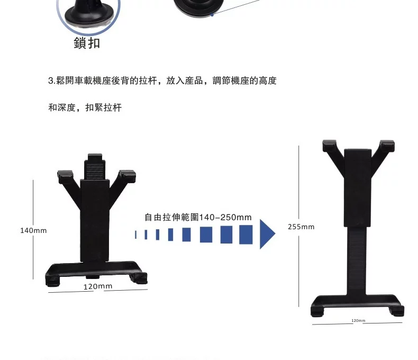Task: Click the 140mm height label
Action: pyautogui.click(x=33, y=231)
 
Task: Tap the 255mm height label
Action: pyautogui.click(x=301, y=227)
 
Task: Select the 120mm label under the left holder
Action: pyautogui.click(x=98, y=286)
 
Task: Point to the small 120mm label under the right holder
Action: pyautogui.click(x=358, y=320)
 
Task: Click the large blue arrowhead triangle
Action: pyautogui.click(x=267, y=234)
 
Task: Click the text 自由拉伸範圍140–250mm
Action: pyautogui.click(x=198, y=218)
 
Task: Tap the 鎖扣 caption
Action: pyautogui.click(x=87, y=43)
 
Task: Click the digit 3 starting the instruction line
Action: pyautogui.click(x=51, y=80)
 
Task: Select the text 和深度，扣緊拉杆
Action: pyautogui.click(x=85, y=107)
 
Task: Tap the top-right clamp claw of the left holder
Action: pyautogui.click(x=128, y=176)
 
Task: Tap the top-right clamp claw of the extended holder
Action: pyautogui.click(x=387, y=146)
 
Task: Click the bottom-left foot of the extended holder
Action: pyautogui.click(x=317, y=311)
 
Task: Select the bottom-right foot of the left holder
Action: pyautogui.click(x=139, y=278)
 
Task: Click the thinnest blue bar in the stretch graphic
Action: pyautogui.click(x=136, y=235)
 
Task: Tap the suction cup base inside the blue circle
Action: pyautogui.click(x=89, y=16)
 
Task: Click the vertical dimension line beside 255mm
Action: pyautogui.click(x=299, y=226)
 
